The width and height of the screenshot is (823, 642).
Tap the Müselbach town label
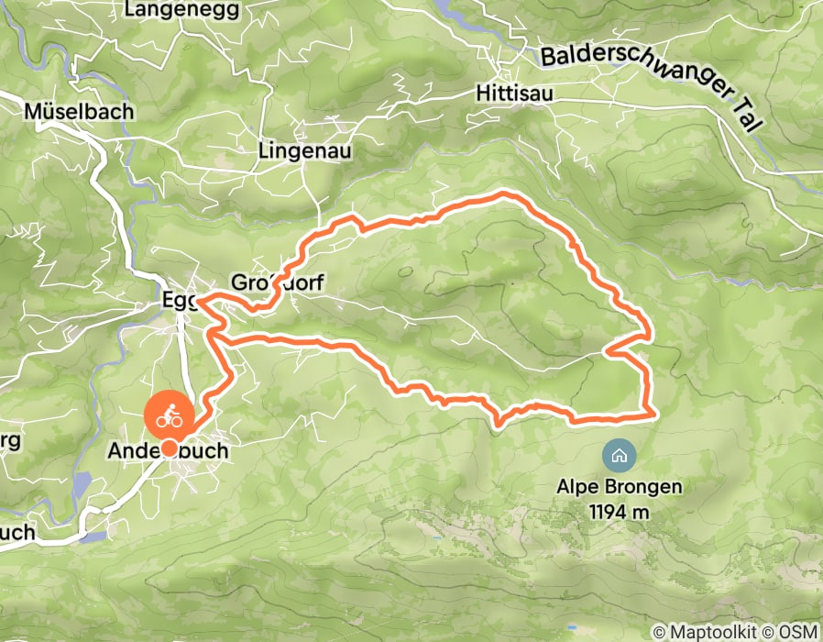pyautogui.click(x=80, y=111)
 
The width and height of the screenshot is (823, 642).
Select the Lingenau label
pyautogui.click(x=305, y=150)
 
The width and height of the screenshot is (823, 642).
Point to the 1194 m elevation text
pyautogui.click(x=620, y=511)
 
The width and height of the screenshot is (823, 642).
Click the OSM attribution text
pyautogui.click(x=796, y=632)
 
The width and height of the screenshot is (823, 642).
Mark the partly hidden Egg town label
pyautogui.click(x=178, y=300)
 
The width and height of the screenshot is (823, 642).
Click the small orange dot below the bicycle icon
pyautogui.click(x=170, y=448)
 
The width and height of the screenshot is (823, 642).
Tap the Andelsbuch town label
pyautogui.click(x=168, y=452)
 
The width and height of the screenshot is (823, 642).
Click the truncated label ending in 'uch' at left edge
pyautogui.click(x=17, y=533)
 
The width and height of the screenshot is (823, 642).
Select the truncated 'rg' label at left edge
pyautogui.click(x=10, y=443)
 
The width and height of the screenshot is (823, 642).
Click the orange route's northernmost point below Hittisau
pyautogui.click(x=503, y=194)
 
